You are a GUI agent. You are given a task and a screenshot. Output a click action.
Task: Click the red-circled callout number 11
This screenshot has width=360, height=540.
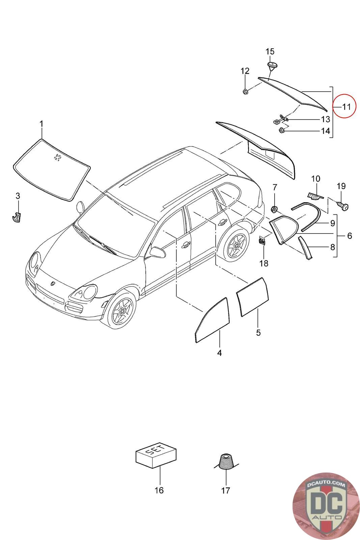pyautogui.click(x=346, y=107)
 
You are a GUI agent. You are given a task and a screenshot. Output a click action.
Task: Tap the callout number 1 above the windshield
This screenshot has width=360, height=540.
pyautogui.click(x=41, y=124)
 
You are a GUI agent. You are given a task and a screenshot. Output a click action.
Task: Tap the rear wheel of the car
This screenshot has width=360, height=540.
pyautogui.click(x=233, y=244)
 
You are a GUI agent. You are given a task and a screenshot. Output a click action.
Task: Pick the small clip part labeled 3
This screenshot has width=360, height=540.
pyautogui.click(x=16, y=217)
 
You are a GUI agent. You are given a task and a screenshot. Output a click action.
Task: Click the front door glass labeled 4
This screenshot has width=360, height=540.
pyautogui.click(x=213, y=319)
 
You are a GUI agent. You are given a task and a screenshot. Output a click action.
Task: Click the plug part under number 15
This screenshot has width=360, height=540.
pyautogui.click(x=271, y=65)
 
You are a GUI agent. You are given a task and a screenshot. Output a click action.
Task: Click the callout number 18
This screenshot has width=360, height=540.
pyautogui.click(x=264, y=263)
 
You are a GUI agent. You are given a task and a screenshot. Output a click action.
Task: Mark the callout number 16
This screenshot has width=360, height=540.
pyautogui.click(x=159, y=490)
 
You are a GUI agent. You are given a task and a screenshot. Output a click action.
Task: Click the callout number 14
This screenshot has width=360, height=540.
pyautogui.click(x=325, y=131)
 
